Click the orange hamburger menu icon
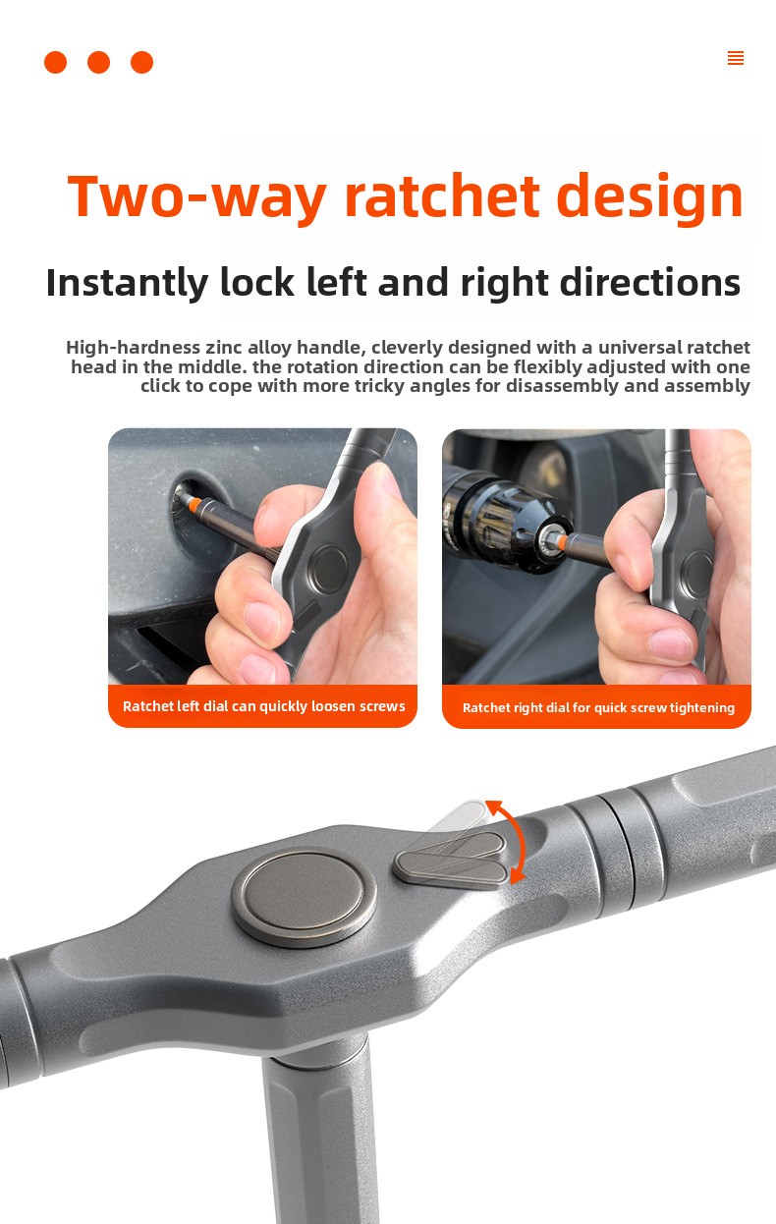point(736,58)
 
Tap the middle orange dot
point(99,62)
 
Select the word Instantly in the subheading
point(128,283)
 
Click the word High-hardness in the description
point(134,348)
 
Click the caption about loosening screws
point(264,706)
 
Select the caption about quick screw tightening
point(598,707)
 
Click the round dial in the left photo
point(329,568)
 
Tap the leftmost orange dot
point(56,62)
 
